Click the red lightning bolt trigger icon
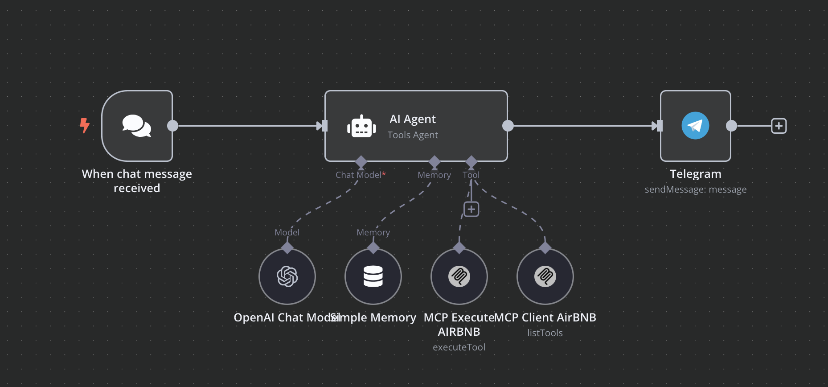tap(85, 126)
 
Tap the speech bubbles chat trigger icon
tap(137, 126)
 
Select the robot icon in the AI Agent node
tap(361, 127)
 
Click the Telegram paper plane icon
tap(695, 126)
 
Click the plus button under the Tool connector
tap(471, 209)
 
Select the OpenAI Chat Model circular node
tap(287, 276)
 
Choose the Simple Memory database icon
tap(373, 276)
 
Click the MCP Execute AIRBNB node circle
tap(459, 276)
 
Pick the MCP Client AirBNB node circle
tap(545, 276)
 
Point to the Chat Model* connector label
tap(360, 175)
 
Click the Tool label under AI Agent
tap(471, 175)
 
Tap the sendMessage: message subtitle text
tap(695, 189)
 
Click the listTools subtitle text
tap(545, 333)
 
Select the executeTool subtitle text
tap(459, 347)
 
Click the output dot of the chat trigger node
tap(172, 126)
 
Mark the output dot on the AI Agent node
tap(508, 126)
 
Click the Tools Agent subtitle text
tap(413, 135)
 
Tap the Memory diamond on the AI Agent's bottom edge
tap(434, 161)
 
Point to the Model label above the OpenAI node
tap(287, 232)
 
